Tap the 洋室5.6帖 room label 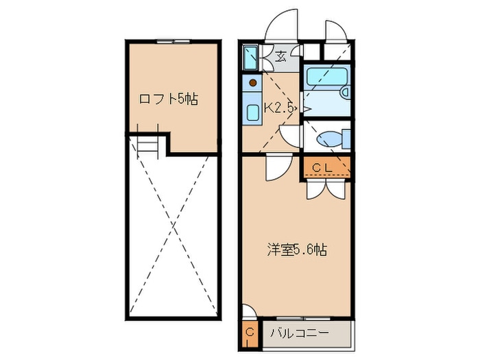(x=296, y=250)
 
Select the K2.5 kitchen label (x=279, y=107)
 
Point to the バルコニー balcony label (x=299, y=334)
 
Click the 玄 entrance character (x=281, y=57)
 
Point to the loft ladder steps (x=148, y=144)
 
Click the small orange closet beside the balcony (x=250, y=334)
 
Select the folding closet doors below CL (x=324, y=189)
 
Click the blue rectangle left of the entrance (x=250, y=57)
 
